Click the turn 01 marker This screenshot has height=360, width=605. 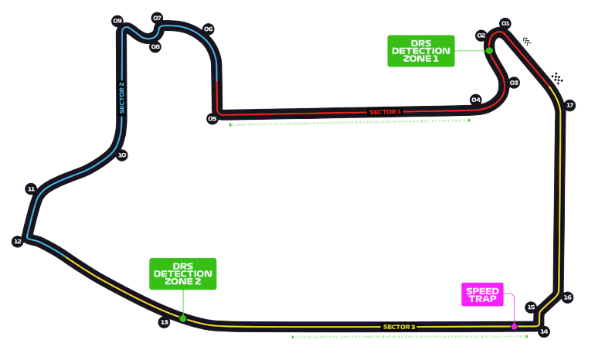pyautogui.click(x=506, y=23)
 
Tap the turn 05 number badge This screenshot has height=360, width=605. pyautogui.click(x=212, y=119)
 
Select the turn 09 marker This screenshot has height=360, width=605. pyautogui.click(x=117, y=21)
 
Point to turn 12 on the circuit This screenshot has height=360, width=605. pyautogui.click(x=18, y=242)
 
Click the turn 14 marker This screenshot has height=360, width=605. pyautogui.click(x=544, y=332)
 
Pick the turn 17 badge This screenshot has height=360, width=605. pyautogui.click(x=570, y=105)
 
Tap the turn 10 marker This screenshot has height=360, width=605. pyautogui.click(x=121, y=155)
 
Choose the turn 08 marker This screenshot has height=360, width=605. pyautogui.click(x=155, y=46)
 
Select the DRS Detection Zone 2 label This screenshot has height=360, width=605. pyautogui.click(x=183, y=273)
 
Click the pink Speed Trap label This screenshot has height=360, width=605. pyautogui.click(x=482, y=294)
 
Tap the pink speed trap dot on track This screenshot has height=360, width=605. pyautogui.click(x=514, y=326)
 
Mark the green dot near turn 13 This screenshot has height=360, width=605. pyautogui.click(x=183, y=318)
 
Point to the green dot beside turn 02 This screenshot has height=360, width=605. pyautogui.click(x=489, y=50)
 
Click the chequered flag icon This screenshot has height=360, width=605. pyautogui.click(x=558, y=78)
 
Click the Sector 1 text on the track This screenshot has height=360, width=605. pyautogui.click(x=385, y=112)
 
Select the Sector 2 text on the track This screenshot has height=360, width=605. pyautogui.click(x=121, y=97)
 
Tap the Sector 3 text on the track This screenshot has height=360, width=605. pyautogui.click(x=399, y=327)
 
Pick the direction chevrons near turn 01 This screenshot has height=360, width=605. pyautogui.click(x=528, y=42)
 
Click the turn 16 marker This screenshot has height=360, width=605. pyautogui.click(x=568, y=297)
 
